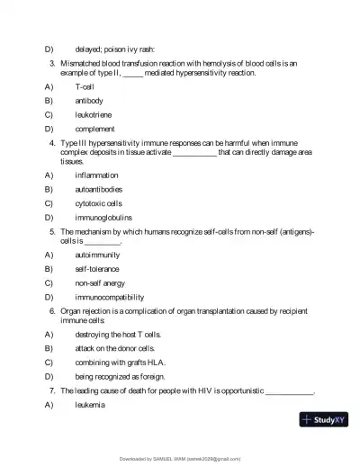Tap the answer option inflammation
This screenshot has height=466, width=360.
click(x=96, y=175)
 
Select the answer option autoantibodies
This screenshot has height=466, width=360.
click(x=98, y=189)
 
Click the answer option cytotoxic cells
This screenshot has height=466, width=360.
click(x=98, y=203)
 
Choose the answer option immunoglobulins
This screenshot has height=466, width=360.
click(x=103, y=217)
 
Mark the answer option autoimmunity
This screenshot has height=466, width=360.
click(x=96, y=255)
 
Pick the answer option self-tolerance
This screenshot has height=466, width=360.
click(x=96, y=269)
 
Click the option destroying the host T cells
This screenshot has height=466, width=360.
click(x=118, y=334)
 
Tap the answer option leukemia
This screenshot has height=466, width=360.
click(x=90, y=405)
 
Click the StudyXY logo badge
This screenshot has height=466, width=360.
click(x=324, y=419)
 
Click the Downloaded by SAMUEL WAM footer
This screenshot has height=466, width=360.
click(x=180, y=458)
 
